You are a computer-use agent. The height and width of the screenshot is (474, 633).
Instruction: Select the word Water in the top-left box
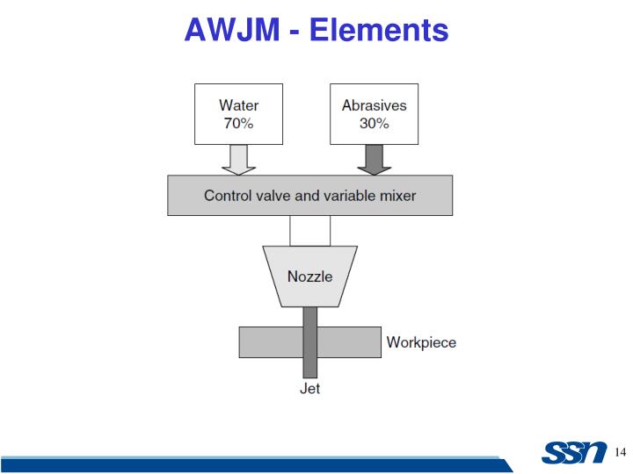click(238, 105)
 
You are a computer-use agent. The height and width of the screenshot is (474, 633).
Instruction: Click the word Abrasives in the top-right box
click(375, 105)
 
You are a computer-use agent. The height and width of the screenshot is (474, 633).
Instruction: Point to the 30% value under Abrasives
click(375, 123)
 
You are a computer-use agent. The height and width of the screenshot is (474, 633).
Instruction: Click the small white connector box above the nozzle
click(310, 230)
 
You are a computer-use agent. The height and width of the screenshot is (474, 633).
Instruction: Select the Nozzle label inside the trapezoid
click(310, 276)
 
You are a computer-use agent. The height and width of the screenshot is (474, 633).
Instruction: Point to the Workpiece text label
click(421, 342)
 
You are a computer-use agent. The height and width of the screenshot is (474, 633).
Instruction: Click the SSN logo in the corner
click(574, 453)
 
